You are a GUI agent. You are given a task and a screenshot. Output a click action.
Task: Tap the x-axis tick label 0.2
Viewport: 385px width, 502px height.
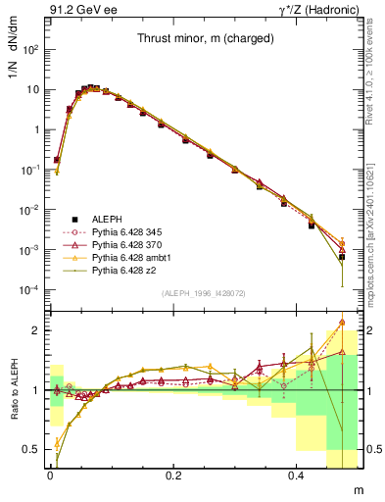(175, 475)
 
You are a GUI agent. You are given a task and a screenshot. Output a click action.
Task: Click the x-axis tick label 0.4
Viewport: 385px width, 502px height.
(300, 475)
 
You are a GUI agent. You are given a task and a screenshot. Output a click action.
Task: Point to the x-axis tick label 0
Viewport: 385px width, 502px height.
(50, 475)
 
